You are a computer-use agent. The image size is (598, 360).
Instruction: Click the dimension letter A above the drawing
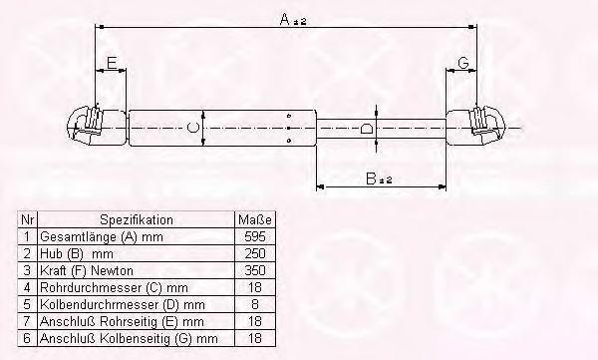(285, 19)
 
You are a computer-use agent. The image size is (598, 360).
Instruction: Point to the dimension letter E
(112, 63)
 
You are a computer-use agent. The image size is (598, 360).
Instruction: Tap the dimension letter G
(463, 63)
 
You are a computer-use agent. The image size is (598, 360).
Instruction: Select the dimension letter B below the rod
(371, 179)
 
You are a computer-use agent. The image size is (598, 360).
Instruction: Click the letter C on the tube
(193, 128)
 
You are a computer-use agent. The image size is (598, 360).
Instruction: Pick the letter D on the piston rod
(366, 128)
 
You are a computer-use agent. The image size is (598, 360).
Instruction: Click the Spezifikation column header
(137, 220)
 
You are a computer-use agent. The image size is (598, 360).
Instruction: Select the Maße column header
(255, 220)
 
